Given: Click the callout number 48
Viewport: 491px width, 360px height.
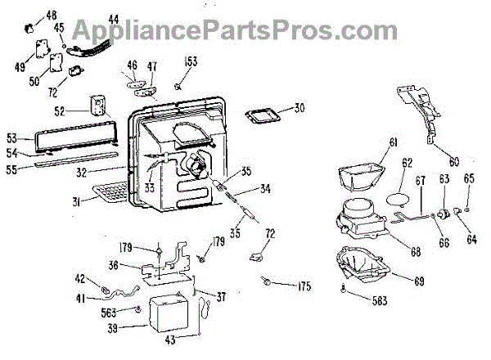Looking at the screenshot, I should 52,16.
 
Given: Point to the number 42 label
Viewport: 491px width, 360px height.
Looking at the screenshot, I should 82,277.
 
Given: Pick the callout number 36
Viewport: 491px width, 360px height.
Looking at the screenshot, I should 114,264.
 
